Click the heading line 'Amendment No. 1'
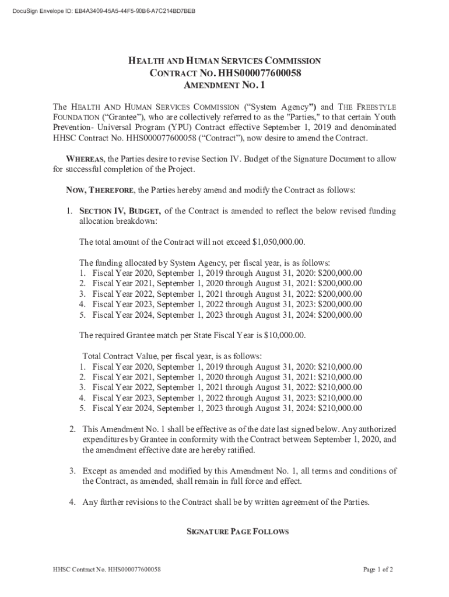coord(224,86)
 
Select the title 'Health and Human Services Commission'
coord(224,61)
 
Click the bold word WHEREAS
coord(85,159)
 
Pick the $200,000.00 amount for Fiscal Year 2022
coord(339,294)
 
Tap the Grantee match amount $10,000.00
coord(283,335)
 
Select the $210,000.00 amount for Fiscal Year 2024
coord(339,408)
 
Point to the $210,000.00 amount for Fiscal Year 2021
coord(339,377)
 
